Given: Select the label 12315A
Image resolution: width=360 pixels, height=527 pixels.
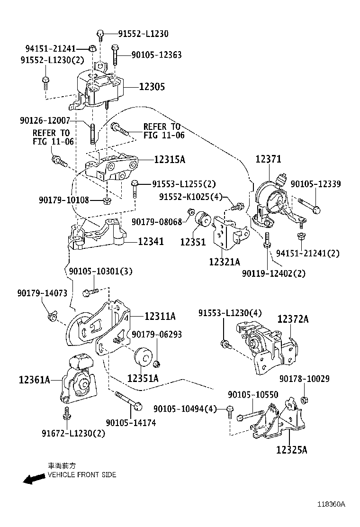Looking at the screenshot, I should (x=169, y=160).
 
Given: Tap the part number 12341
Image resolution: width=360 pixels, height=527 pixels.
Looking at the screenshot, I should (x=151, y=242).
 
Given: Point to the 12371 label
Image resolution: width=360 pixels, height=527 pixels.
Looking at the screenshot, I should (x=269, y=161).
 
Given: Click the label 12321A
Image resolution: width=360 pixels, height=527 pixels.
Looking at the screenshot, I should (x=225, y=262).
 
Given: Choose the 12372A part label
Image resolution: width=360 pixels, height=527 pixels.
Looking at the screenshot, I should (x=293, y=319).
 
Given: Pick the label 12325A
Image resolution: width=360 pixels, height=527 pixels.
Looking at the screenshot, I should (x=292, y=450).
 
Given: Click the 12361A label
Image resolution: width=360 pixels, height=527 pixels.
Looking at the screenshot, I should (x=35, y=379).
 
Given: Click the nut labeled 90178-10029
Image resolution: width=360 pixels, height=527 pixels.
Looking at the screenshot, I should (x=305, y=400).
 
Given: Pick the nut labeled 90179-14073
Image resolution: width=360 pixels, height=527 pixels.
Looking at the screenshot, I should (x=52, y=315).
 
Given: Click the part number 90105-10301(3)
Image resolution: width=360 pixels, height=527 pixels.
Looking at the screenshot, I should (x=100, y=271).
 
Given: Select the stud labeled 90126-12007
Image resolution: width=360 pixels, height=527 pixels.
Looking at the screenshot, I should (x=92, y=132).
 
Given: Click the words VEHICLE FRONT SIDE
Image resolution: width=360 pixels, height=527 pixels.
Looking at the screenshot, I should (x=81, y=474).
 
